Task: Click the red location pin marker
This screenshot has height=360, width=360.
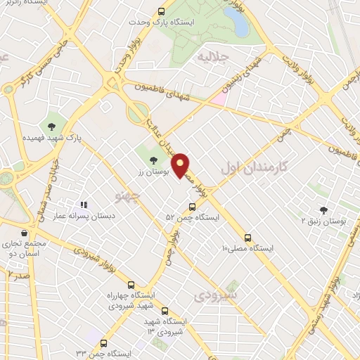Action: [x=181, y=165]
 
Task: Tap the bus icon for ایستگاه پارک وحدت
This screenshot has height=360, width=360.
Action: [x=162, y=11]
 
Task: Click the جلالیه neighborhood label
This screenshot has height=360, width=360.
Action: [x=214, y=56]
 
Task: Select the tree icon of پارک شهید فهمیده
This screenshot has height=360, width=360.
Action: [x=51, y=127]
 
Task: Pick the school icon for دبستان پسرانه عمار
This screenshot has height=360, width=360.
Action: [x=84, y=205]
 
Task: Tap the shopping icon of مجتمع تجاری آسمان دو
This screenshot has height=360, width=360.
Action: [x=25, y=233]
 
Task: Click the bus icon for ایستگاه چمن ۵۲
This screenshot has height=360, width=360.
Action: [x=192, y=207]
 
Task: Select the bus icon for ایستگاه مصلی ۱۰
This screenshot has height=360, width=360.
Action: [x=247, y=237]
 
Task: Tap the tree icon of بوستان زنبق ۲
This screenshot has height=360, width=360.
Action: [x=323, y=210]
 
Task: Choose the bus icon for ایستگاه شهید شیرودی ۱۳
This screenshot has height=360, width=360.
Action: [x=165, y=311]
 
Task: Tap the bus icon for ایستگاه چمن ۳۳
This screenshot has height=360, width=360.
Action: [x=104, y=343]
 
